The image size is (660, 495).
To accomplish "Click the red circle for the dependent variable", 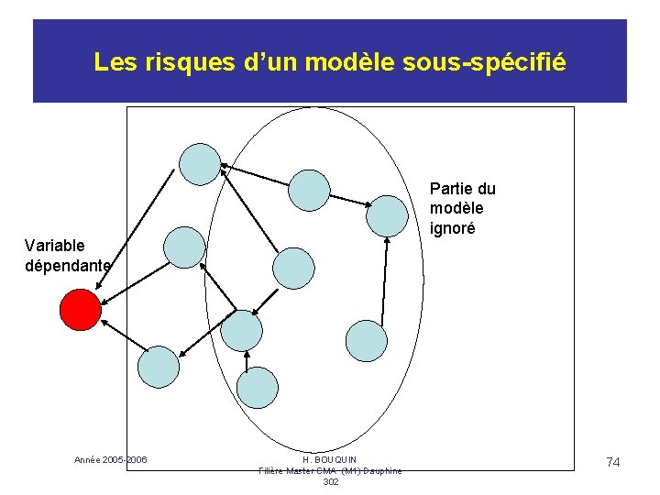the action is (80, 309).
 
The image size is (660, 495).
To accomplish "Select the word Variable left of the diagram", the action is (55, 246).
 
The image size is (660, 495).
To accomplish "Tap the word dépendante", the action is (68, 266).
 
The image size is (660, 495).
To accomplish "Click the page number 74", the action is (613, 463).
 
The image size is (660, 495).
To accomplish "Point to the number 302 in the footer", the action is (331, 481).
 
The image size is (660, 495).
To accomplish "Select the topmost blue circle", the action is (200, 165).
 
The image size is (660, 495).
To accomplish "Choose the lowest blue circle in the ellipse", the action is (258, 387).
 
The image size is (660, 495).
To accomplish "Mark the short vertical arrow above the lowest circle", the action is (247, 361).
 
